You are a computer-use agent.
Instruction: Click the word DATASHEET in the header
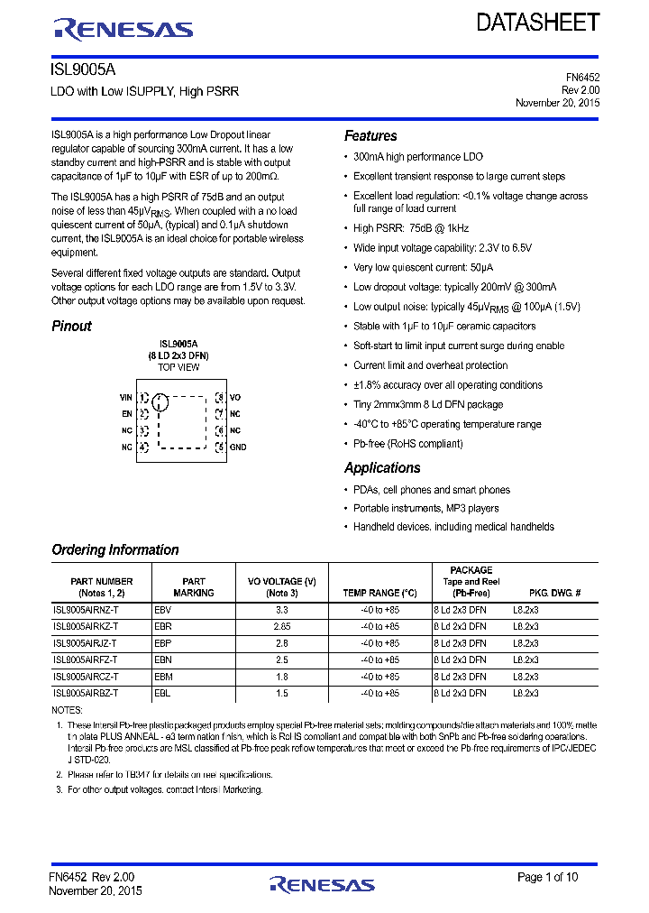538,23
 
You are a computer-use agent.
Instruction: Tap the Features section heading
370,136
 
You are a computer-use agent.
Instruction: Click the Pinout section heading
71,327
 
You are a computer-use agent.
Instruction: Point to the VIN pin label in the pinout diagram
125,397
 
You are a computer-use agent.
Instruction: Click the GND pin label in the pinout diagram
238,447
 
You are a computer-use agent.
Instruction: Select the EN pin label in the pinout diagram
127,414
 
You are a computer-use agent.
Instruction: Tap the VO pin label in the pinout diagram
235,397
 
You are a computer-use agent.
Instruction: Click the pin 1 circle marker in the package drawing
160,402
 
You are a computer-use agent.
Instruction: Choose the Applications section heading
382,468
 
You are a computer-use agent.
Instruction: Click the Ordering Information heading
115,550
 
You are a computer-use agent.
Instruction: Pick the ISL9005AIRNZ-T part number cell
86,610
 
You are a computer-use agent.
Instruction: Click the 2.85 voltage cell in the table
281,626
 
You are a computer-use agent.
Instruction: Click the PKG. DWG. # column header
553,594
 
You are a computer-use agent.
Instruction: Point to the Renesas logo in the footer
322,884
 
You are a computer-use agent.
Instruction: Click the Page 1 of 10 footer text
548,877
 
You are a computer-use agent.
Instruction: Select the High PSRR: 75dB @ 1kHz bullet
411,228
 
